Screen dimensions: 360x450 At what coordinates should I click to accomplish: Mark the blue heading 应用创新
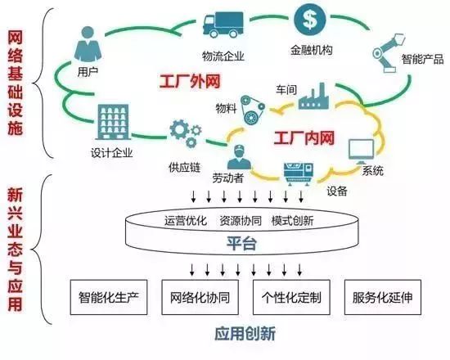[245, 335]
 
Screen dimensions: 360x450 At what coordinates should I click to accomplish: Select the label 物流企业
[223, 56]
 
